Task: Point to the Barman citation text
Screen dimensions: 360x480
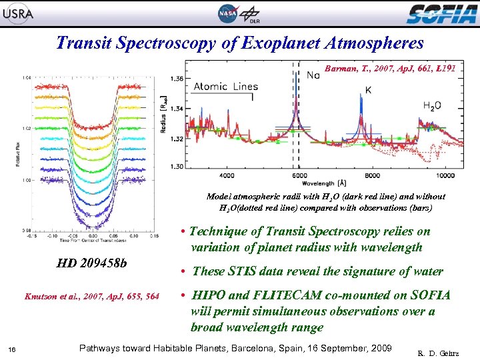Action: coord(390,68)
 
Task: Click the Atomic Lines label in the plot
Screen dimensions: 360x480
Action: coord(225,87)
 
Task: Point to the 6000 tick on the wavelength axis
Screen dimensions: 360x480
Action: coord(299,175)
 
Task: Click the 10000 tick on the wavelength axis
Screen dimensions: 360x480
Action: coord(445,175)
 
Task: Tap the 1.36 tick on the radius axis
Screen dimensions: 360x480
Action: coord(177,79)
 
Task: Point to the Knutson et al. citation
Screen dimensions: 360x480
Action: coord(92,296)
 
